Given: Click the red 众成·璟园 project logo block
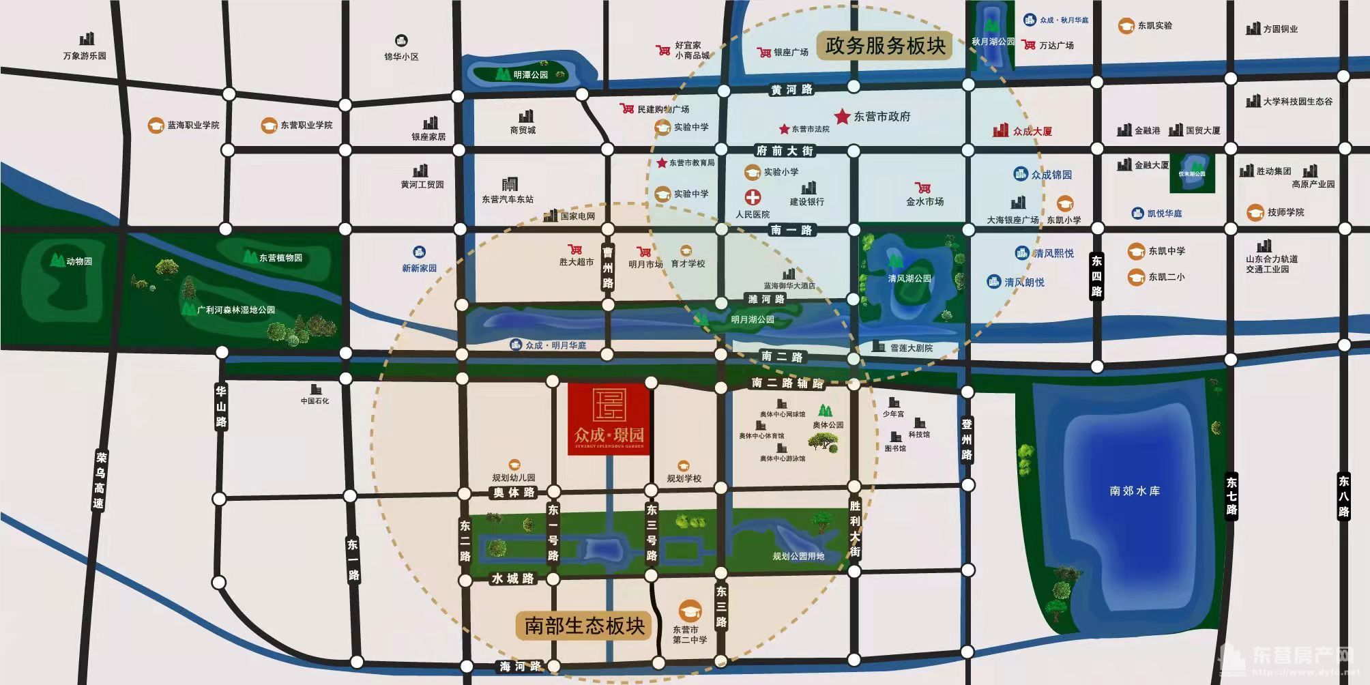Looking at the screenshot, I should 609,418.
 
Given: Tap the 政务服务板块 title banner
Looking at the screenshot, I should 885,46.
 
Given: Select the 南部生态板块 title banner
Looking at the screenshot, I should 584,626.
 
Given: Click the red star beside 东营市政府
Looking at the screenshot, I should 842,117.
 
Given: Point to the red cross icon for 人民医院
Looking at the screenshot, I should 753,198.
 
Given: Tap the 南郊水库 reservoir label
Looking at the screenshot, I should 1135,491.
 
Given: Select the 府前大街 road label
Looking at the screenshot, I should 785,151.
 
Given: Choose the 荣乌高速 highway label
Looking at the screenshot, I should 100,480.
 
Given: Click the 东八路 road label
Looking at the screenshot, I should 1343,496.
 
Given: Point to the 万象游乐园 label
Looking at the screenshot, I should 85,56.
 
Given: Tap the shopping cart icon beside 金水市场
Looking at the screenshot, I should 922,188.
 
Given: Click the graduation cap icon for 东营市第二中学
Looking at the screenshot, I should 689,611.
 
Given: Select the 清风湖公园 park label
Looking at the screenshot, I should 909,278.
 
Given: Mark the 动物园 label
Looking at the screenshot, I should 79,261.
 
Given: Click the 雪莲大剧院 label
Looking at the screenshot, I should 911,348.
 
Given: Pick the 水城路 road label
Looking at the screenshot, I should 512,579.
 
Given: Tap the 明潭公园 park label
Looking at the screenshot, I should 531,74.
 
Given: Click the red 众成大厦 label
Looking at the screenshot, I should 1032,131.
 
